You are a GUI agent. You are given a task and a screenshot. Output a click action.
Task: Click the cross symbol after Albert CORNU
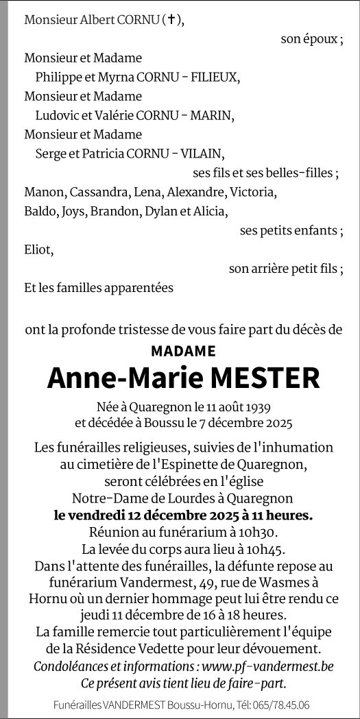pyautogui.click(x=172, y=21)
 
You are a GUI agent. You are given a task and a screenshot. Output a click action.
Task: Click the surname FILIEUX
pyautogui.click(x=215, y=77)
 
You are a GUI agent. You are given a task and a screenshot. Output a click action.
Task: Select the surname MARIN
pyautogui.click(x=213, y=115)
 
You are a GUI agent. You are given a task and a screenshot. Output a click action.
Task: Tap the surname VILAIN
pyautogui.click(x=200, y=154)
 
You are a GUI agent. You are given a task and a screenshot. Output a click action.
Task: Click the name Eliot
pyautogui.click(x=38, y=249)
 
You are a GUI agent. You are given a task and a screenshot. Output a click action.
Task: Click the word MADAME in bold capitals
pyautogui.click(x=182, y=351)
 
